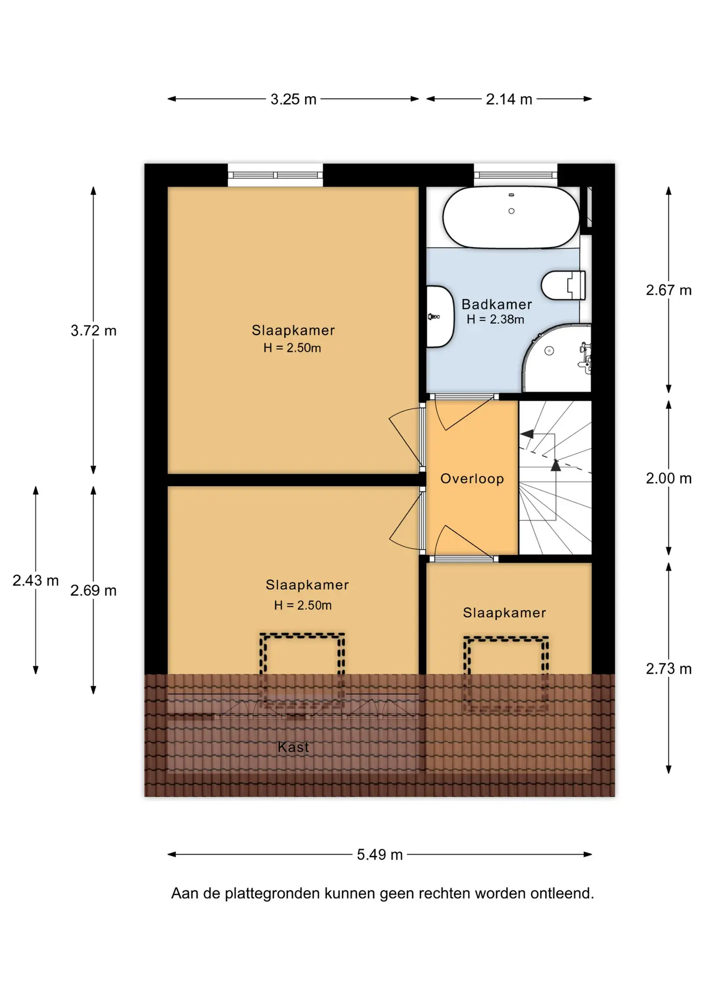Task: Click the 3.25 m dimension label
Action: [293, 99]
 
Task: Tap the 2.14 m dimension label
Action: [509, 99]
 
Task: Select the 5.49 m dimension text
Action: [379, 855]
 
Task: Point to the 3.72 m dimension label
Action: [93, 331]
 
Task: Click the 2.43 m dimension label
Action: [36, 580]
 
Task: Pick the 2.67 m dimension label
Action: [669, 290]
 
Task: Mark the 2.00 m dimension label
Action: [669, 478]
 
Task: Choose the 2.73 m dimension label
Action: [669, 669]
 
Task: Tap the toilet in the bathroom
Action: [564, 285]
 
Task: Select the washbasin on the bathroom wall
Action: [440, 317]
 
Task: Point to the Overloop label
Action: [472, 478]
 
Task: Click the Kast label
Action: [293, 747]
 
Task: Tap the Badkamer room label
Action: [497, 304]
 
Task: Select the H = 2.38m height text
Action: [496, 320]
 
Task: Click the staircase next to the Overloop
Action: [555, 477]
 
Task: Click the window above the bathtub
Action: [515, 175]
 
